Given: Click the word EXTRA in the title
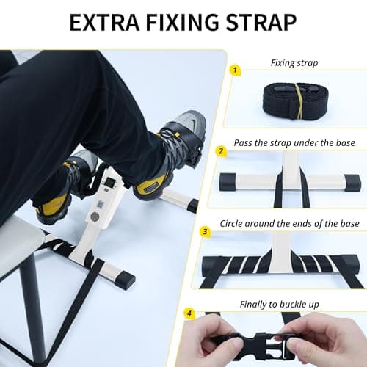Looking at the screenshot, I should (x=103, y=22).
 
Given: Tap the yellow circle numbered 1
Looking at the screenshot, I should (x=235, y=70).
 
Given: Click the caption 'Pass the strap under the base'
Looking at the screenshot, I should (x=294, y=142).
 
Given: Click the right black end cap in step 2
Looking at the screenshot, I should (x=350, y=181).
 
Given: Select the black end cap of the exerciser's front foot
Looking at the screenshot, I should (x=124, y=280).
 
